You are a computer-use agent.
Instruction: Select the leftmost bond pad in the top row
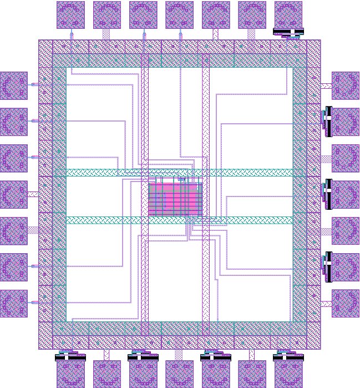[x=70, y=15]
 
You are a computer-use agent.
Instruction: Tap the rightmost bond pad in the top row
[x=288, y=15]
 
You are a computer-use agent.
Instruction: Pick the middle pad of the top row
[x=180, y=15]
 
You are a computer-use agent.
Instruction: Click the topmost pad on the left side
[x=13, y=85]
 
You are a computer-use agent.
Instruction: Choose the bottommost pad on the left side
[x=13, y=303]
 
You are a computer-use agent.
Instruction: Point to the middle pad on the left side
[x=13, y=194]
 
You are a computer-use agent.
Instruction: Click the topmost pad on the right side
[x=346, y=85]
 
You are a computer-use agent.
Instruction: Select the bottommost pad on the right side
[x=346, y=303]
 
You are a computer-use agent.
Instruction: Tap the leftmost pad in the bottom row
[x=70, y=374]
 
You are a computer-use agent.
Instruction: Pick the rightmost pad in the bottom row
[x=288, y=374]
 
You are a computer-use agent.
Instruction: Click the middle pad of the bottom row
[x=180, y=374]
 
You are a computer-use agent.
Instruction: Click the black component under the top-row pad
[x=288, y=32]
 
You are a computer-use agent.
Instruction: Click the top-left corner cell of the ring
[x=45, y=47]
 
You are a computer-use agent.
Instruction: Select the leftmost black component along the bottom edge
[x=70, y=357]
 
